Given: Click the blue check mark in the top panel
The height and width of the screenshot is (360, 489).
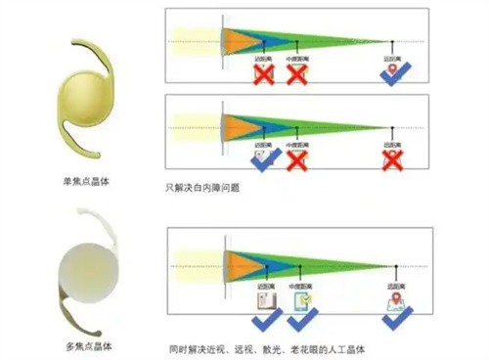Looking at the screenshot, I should pyautogui.click(x=393, y=76).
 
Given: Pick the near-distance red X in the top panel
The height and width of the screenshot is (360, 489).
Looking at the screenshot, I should pyautogui.click(x=262, y=76).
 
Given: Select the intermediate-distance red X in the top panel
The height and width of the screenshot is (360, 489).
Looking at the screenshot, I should pyautogui.click(x=296, y=76).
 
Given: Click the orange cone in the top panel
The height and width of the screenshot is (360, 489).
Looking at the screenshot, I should pyautogui.click(x=239, y=40).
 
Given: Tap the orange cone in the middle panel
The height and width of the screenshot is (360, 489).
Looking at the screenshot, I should pyautogui.click(x=239, y=123).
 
